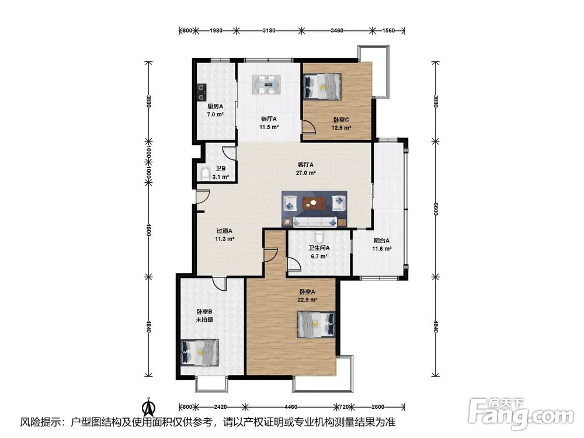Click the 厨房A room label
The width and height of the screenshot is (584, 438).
[215, 106]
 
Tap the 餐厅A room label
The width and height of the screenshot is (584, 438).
[269, 119]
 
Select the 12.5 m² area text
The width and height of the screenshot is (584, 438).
[342, 128]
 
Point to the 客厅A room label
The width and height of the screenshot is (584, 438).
[305, 165]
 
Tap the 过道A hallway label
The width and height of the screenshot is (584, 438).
[225, 231]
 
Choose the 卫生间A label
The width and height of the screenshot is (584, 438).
[319, 248]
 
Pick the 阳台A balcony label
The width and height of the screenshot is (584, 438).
[382, 241]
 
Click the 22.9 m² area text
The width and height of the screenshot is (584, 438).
[307, 300]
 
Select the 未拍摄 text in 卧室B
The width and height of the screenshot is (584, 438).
[205, 319]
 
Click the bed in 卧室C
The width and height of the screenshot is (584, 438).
[322, 86]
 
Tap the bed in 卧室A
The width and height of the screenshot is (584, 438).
[316, 324]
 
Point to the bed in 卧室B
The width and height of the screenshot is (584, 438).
[199, 352]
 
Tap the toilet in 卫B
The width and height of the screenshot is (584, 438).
[204, 174]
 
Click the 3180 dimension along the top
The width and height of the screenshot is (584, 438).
[269, 30]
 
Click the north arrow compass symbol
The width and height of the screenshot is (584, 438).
[150, 407]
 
